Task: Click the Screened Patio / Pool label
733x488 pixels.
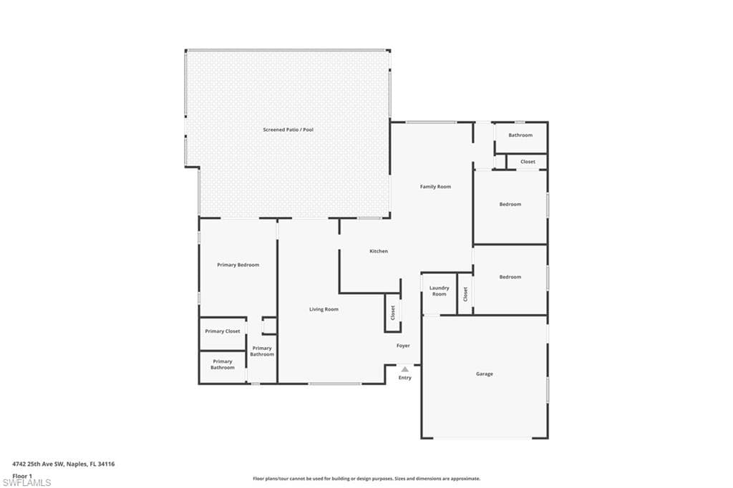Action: (x=288, y=130)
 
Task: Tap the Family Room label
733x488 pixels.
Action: (x=435, y=187)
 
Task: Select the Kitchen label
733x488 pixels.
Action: (x=379, y=251)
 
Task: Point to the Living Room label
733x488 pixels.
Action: (x=324, y=309)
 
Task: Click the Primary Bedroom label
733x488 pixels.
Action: (x=238, y=265)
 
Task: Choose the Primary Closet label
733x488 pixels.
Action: (x=223, y=331)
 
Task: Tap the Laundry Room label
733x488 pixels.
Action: (x=439, y=291)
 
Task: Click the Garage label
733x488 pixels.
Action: (x=485, y=374)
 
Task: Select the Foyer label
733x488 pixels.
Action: (x=403, y=346)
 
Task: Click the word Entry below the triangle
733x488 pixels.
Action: (x=405, y=378)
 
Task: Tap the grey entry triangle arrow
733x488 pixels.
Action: (x=405, y=369)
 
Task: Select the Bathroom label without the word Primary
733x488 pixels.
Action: (x=520, y=135)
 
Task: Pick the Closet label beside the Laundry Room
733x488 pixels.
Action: (x=465, y=294)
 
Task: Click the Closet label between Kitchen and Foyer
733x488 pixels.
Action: (x=393, y=313)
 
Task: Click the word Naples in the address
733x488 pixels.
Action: (x=76, y=464)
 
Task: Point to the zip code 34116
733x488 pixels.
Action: (x=107, y=464)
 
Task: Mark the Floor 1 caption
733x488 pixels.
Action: (x=22, y=476)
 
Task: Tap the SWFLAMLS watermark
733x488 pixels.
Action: (x=26, y=482)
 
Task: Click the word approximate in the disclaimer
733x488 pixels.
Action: (x=466, y=479)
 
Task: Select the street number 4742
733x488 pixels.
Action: (x=19, y=464)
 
